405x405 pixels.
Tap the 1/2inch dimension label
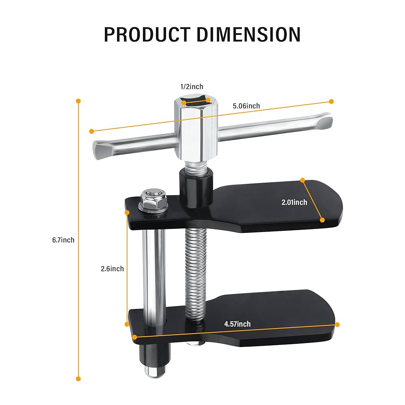pyautogui.click(x=192, y=87)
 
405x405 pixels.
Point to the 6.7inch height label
pyautogui.click(x=63, y=240)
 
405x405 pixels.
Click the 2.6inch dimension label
pyautogui.click(x=112, y=269)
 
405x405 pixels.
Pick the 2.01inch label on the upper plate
pyautogui.click(x=294, y=202)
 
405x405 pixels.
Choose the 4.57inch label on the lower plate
pyautogui.click(x=237, y=324)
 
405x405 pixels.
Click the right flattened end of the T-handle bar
pyautogui.click(x=324, y=121)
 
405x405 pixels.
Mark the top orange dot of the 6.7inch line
pyautogui.click(x=79, y=101)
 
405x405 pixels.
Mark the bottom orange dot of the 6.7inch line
pyautogui.click(x=79, y=379)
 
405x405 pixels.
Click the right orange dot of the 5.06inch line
pyautogui.click(x=331, y=101)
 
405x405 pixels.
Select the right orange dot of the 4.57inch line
pyautogui.click(x=337, y=324)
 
